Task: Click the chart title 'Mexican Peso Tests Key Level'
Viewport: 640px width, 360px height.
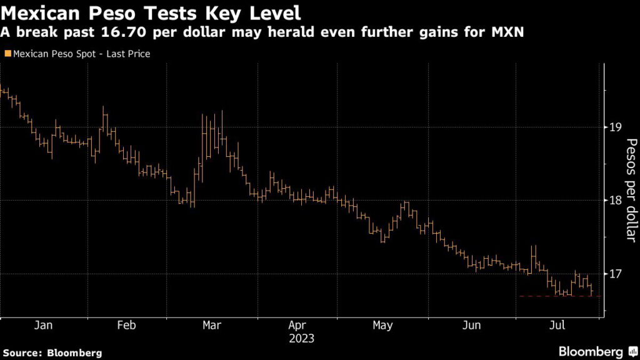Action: (x=153, y=12)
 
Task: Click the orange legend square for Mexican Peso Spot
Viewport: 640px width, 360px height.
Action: (x=7, y=54)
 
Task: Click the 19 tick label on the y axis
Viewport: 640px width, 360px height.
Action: (x=615, y=127)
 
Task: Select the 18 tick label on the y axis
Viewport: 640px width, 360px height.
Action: (x=615, y=201)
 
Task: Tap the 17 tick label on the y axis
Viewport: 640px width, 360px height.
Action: (x=615, y=274)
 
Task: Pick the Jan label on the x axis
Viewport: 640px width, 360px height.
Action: (x=43, y=325)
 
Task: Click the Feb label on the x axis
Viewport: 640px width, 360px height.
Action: (x=126, y=325)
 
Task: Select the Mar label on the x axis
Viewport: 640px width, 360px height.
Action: (x=211, y=325)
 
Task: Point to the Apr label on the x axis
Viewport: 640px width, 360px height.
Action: (x=297, y=325)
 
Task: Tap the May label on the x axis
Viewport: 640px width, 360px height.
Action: (x=382, y=325)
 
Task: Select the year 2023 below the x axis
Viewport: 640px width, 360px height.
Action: (x=301, y=338)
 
